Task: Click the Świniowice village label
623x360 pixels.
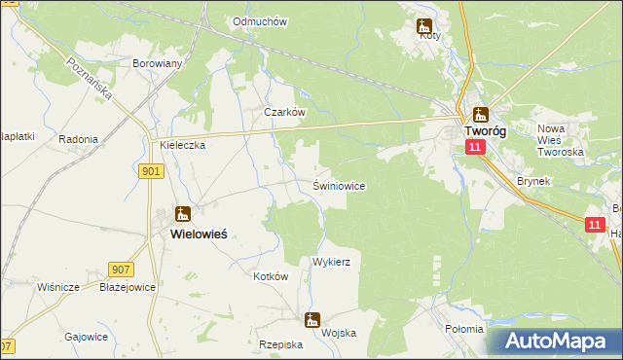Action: [x=339, y=185]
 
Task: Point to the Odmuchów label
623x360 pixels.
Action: [x=260, y=21]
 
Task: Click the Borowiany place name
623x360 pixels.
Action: [x=157, y=62]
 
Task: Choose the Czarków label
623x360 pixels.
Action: [x=285, y=112]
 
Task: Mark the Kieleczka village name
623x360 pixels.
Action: [x=182, y=145]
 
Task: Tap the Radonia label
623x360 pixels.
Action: [x=78, y=139]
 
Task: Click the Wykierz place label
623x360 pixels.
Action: [x=331, y=263]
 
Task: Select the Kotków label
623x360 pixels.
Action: [x=272, y=276]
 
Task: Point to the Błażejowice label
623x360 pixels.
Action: [x=128, y=288]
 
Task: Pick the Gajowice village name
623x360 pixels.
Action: [x=86, y=337]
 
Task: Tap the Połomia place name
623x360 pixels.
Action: [x=463, y=329]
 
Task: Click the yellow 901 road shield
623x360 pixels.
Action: [x=151, y=171]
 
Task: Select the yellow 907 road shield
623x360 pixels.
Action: [x=121, y=269]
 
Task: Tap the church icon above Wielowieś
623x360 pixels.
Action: [x=182, y=214]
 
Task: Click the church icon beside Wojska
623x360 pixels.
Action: [x=312, y=319]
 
